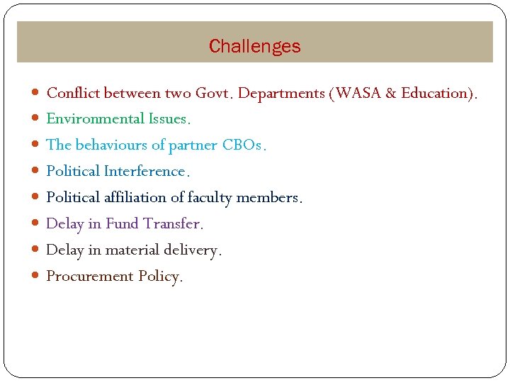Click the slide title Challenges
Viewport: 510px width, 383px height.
(254, 47)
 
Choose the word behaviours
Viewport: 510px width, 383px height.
(111, 145)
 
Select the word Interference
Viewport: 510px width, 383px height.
(145, 172)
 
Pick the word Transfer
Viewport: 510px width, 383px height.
(173, 224)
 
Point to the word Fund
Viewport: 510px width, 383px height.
(122, 224)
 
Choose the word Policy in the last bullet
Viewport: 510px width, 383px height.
(160, 277)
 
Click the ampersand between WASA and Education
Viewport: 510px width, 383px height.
(392, 93)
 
